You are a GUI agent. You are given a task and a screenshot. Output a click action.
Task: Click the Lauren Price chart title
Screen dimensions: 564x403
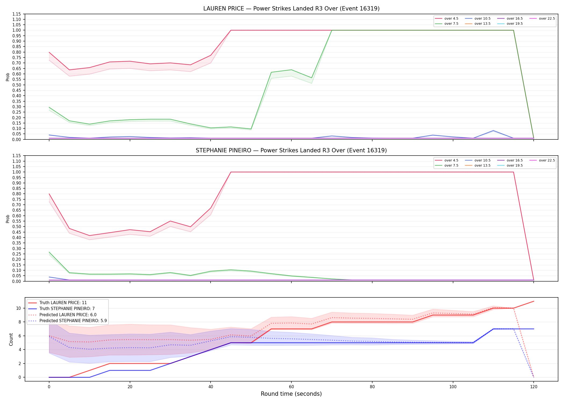coord(291,9)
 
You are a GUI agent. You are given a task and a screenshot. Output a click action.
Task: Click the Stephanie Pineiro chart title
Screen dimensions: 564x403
coord(291,150)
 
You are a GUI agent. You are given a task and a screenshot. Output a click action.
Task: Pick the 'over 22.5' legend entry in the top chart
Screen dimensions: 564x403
coord(542,19)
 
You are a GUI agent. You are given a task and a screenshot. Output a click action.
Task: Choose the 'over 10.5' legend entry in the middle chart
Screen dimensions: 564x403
coord(478,160)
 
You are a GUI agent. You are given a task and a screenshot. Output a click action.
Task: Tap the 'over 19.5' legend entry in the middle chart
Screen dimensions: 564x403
coord(510,165)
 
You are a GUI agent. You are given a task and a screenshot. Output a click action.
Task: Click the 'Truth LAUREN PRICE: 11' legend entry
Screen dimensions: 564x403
coord(57,303)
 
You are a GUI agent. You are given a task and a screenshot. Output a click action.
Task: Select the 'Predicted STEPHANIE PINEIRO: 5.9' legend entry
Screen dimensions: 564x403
coord(67,321)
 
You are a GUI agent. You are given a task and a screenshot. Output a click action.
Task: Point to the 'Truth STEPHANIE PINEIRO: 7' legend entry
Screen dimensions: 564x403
coord(62,309)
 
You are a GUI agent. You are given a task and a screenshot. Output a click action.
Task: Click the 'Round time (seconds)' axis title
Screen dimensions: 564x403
coord(291,394)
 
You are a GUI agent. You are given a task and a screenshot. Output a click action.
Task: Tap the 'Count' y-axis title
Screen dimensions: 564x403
coord(11,339)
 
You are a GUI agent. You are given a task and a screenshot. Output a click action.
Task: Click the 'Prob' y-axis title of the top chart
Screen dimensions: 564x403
coord(8,77)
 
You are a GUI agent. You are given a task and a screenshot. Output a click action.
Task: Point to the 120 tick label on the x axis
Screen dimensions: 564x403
coord(534,387)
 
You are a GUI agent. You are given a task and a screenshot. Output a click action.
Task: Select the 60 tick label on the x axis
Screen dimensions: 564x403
coord(291,387)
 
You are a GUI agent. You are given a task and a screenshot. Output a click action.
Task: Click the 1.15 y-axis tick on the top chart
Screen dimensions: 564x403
coord(17,14)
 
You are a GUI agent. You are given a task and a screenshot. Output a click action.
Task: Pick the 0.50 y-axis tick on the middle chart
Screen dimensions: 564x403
coord(17,226)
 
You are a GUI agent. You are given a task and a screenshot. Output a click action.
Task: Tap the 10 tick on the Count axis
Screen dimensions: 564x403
coord(19,308)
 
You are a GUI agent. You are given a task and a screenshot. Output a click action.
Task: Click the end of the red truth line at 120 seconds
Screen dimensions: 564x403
coord(534,301)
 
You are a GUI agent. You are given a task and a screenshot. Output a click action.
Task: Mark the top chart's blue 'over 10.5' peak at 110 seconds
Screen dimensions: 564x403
coord(493,131)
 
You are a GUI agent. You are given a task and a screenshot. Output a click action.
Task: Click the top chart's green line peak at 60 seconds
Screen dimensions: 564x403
coord(291,70)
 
